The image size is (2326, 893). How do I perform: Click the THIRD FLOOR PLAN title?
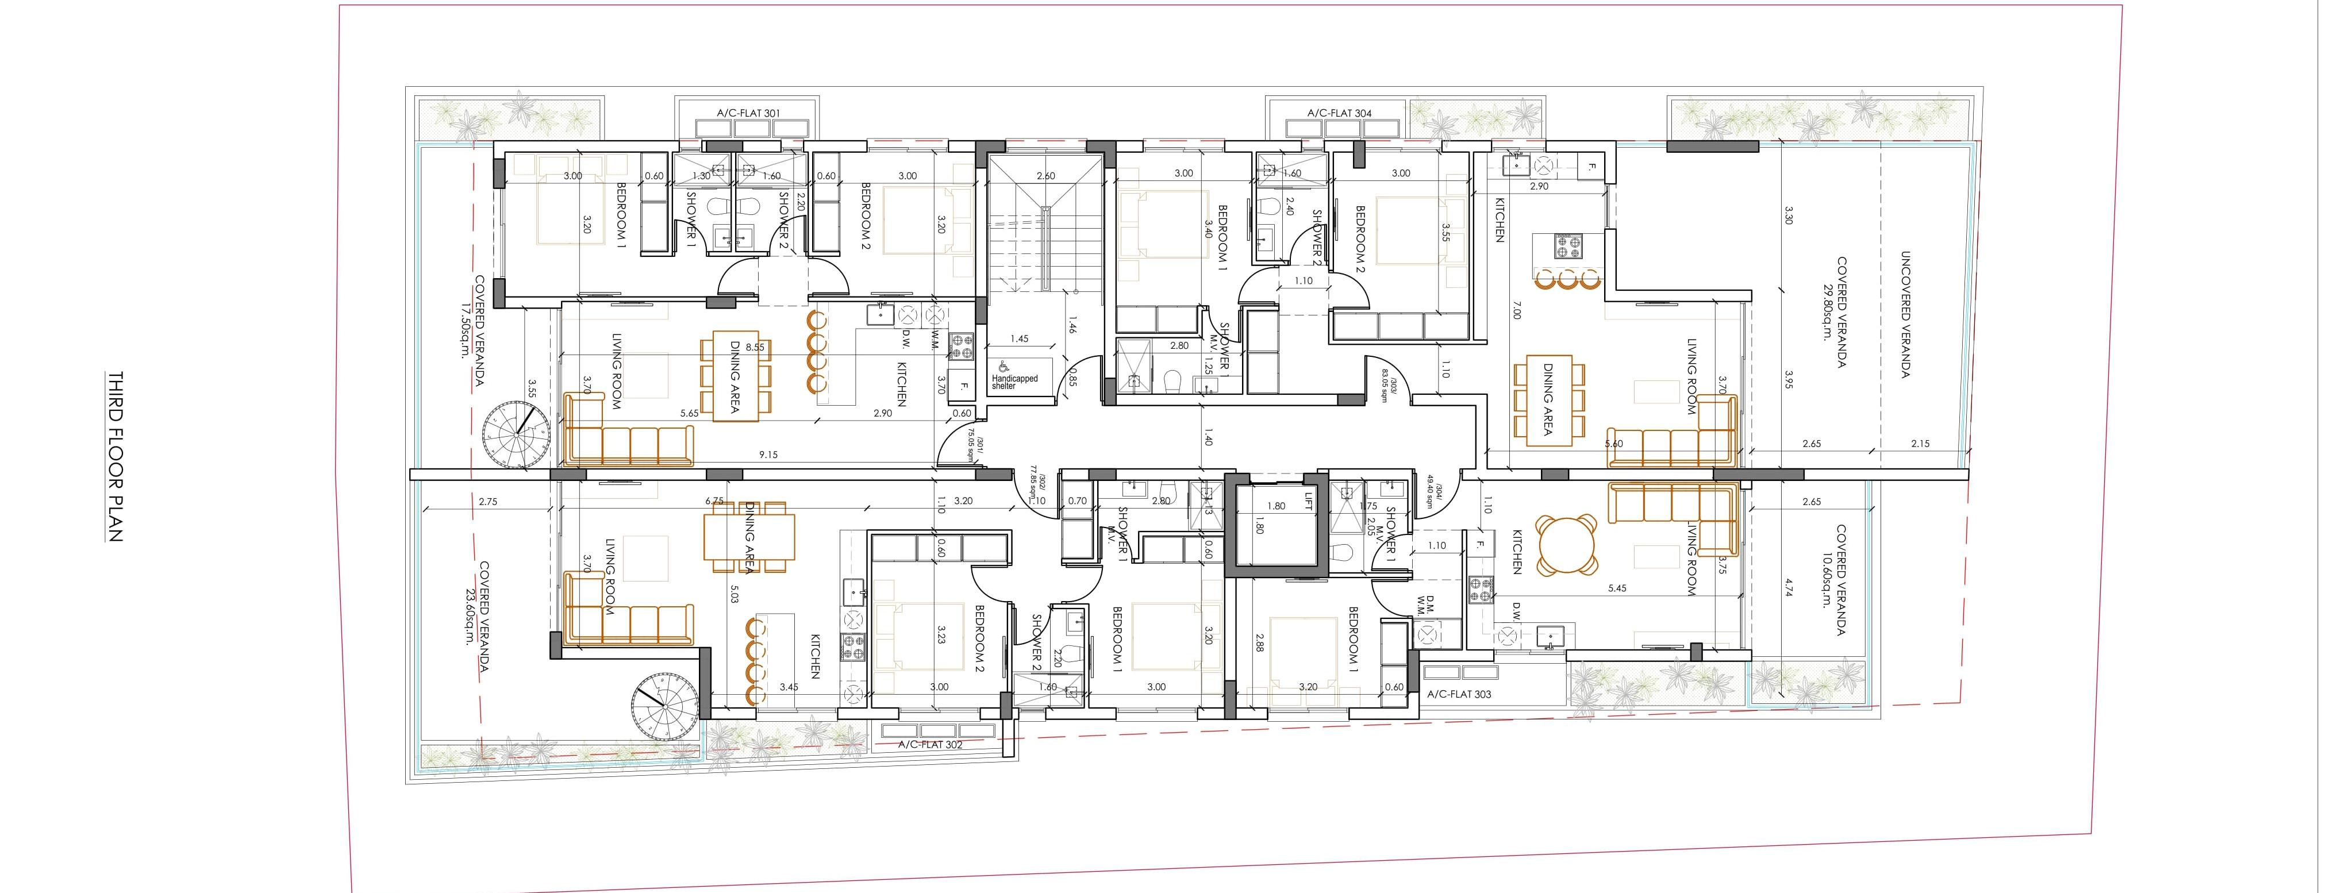point(115,456)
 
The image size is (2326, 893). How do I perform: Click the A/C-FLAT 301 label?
point(748,113)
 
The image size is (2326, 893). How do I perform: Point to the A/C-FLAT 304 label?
point(1339,113)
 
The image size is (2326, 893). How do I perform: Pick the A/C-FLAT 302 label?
point(930,745)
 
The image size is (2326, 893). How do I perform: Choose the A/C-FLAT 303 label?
point(1459,694)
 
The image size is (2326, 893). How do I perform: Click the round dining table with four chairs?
point(1566,545)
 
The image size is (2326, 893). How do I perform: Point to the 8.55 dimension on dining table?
point(754,347)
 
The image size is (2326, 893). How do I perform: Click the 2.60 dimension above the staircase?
point(1045,176)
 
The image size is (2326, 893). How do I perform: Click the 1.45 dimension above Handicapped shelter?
point(1020,338)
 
